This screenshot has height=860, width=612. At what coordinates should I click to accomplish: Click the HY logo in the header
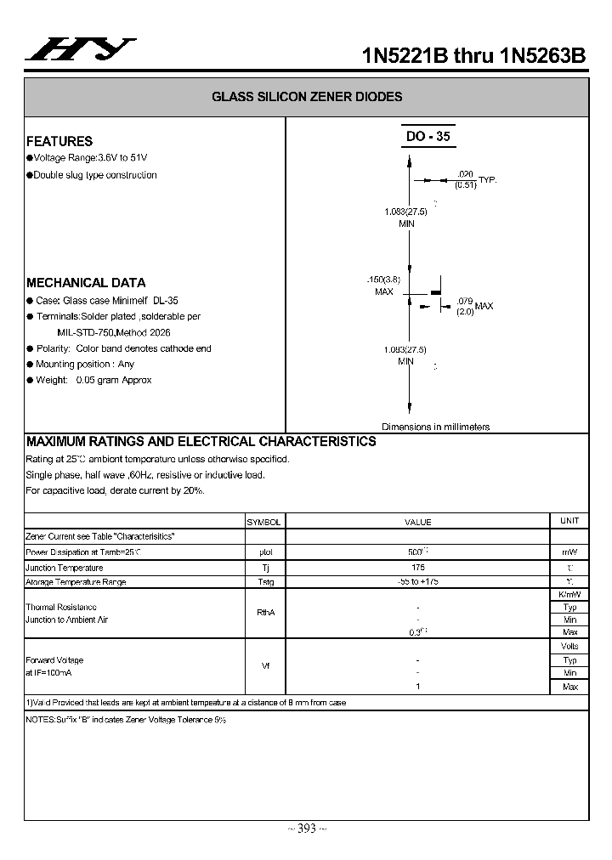pyautogui.click(x=80, y=51)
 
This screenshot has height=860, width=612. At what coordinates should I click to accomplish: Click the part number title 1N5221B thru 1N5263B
pyautogui.click(x=473, y=56)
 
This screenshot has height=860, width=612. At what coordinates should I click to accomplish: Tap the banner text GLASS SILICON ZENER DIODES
pyautogui.click(x=307, y=97)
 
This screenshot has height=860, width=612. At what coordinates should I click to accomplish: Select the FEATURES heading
pyautogui.click(x=59, y=141)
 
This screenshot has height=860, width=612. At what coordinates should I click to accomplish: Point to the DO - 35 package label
pyautogui.click(x=428, y=136)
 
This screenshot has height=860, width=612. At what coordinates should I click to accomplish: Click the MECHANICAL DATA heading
pyautogui.click(x=86, y=282)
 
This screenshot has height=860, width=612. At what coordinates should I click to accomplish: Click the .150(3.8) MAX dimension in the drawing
pyautogui.click(x=383, y=285)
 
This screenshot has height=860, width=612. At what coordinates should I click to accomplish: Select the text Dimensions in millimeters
pyautogui.click(x=435, y=427)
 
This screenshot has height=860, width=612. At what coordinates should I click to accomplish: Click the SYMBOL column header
pyautogui.click(x=263, y=522)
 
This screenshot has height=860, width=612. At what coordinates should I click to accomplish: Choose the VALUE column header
pyautogui.click(x=417, y=522)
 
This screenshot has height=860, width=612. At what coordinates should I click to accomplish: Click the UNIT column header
pyautogui.click(x=569, y=520)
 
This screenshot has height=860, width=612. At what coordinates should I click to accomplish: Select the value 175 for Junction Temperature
pyautogui.click(x=417, y=567)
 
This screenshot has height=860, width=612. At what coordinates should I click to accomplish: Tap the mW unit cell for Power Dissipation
pyautogui.click(x=569, y=552)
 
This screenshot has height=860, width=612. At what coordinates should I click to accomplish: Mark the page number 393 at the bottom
pyautogui.click(x=305, y=829)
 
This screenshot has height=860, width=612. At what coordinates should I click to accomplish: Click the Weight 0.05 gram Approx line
pyautogui.click(x=93, y=380)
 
